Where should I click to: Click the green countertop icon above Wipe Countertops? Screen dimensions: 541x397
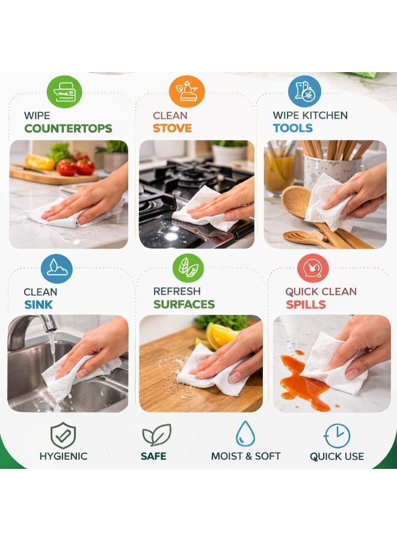coord(64,91)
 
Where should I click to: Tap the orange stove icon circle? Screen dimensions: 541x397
coord(187,91)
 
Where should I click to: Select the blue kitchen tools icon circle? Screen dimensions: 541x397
coord(304,91)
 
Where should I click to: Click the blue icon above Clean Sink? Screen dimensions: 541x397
coord(57,268)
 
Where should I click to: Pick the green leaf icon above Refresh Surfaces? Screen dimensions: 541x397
coord(188,268)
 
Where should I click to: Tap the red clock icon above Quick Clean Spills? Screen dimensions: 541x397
coord(313,268)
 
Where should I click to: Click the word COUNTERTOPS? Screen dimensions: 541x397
coord(68,129)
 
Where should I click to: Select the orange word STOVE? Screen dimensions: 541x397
coord(172,129)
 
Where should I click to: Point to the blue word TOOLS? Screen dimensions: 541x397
coord(292,129)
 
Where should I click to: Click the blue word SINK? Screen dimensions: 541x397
coord(38,305)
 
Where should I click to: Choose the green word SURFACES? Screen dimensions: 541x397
coord(183,305)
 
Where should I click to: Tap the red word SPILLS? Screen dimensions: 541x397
coord(306,305)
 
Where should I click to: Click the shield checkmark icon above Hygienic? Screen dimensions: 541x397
coord(63,435)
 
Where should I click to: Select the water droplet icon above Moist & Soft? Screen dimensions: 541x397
coord(245,434)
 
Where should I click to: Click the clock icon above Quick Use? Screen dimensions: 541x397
coord(337,435)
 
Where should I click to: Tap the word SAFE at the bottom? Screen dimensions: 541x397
coord(153,456)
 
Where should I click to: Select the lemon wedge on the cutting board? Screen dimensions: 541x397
coord(219,335)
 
